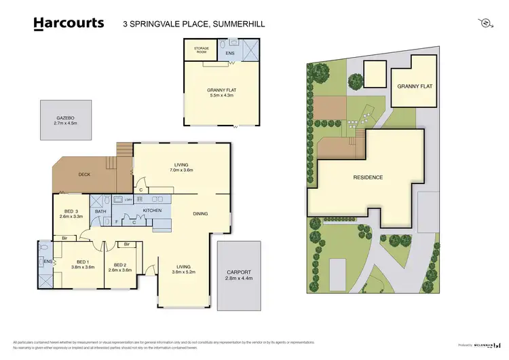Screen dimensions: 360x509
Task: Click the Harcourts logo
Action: (x=69, y=23)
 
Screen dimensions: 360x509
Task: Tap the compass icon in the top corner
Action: (x=485, y=23)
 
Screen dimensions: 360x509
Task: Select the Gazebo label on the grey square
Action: (x=66, y=118)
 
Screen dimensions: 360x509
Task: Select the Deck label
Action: (x=84, y=175)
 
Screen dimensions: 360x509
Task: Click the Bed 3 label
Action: (x=72, y=212)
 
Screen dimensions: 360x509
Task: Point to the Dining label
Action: (x=200, y=214)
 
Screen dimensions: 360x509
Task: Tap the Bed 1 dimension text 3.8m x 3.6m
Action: (x=82, y=268)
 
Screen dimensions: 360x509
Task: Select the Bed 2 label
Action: (x=122, y=265)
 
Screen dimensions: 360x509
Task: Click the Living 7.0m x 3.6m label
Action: (x=181, y=167)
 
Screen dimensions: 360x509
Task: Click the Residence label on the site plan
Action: (x=367, y=177)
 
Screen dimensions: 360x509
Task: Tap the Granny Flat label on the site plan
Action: (x=415, y=87)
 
